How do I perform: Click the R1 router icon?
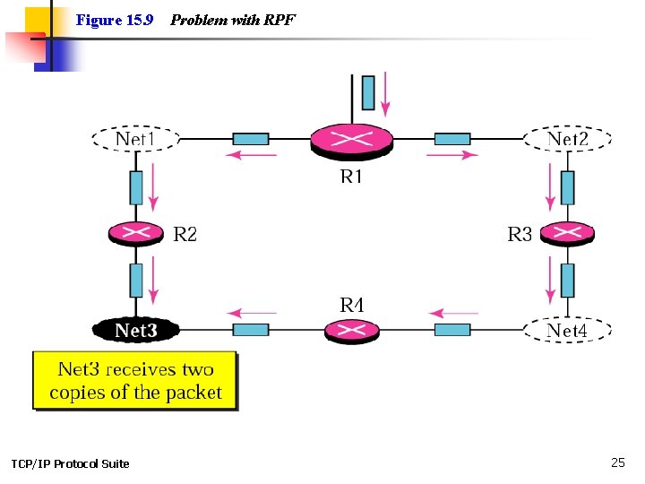pyautogui.click(x=352, y=142)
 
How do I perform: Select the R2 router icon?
pyautogui.click(x=136, y=234)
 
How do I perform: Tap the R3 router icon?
pyautogui.click(x=567, y=234)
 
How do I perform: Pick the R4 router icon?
pyautogui.click(x=352, y=331)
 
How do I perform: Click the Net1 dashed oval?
pyautogui.click(x=136, y=139)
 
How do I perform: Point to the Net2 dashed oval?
pyautogui.click(x=567, y=139)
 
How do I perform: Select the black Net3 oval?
pyautogui.click(x=136, y=330)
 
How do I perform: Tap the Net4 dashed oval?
pyautogui.click(x=567, y=330)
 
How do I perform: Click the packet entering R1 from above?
pyautogui.click(x=368, y=92)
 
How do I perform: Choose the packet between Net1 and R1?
pyautogui.click(x=251, y=139)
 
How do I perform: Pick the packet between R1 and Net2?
pyautogui.click(x=452, y=139)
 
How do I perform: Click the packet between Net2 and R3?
pyautogui.click(x=568, y=187)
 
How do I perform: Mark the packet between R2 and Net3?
pyautogui.click(x=136, y=281)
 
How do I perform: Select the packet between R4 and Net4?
pyautogui.click(x=452, y=330)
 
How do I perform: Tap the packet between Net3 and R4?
pyautogui.click(x=251, y=330)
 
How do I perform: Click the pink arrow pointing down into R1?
pyautogui.click(x=385, y=94)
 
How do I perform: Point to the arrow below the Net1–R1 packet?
pyautogui.click(x=252, y=155)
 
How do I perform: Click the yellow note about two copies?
pyautogui.click(x=135, y=381)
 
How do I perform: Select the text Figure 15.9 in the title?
pyautogui.click(x=115, y=20)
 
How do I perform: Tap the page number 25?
pyautogui.click(x=618, y=462)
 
